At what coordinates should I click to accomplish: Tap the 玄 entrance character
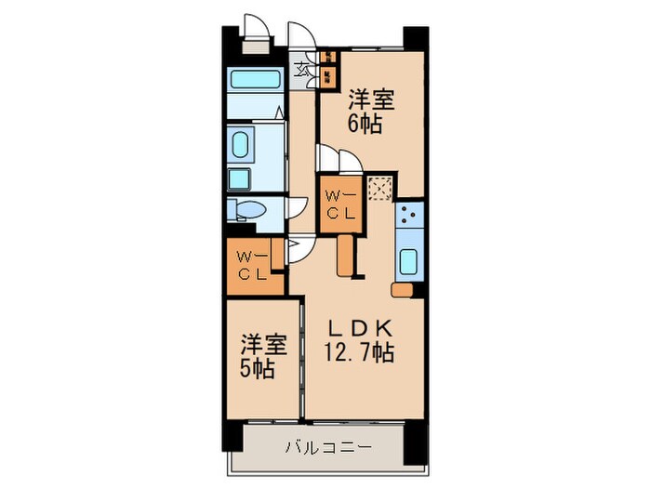303,68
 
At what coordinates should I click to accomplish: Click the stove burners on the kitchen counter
408,219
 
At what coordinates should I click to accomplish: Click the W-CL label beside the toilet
252,265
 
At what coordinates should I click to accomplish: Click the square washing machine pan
239,178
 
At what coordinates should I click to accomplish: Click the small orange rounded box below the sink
401,291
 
